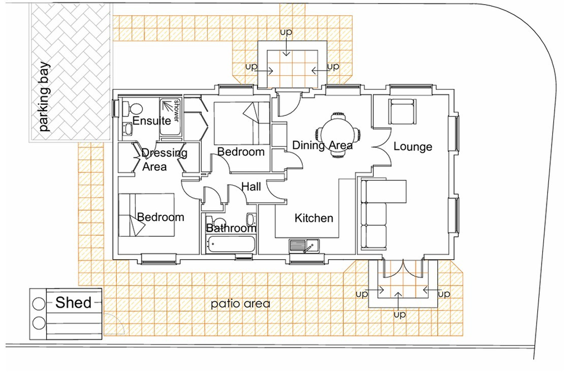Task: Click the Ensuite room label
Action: [x=151, y=120]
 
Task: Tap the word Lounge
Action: [x=413, y=147]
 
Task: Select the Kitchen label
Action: [x=314, y=218]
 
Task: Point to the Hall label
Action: [x=251, y=186]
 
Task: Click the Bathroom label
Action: [x=231, y=228]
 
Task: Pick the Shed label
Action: [x=73, y=303]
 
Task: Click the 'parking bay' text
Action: [x=44, y=97]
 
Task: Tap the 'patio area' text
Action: [x=241, y=304]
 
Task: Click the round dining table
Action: [x=338, y=135]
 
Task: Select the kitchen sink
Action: [x=304, y=246]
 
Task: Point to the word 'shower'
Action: [x=176, y=111]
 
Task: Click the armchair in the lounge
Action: [x=402, y=111]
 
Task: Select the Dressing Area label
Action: [x=164, y=160]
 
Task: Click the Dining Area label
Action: [x=322, y=145]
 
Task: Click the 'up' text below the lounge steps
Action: [x=400, y=315]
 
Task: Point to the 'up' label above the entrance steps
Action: [x=286, y=33]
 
